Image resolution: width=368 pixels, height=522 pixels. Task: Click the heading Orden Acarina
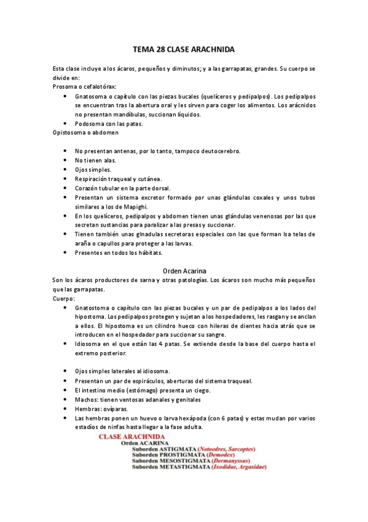pos(184,270)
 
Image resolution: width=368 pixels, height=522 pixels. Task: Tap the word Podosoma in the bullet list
pos(91,123)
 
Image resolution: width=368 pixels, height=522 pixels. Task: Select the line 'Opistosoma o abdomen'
pos(86,132)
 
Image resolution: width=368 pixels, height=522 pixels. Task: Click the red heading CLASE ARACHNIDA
pos(130,436)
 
